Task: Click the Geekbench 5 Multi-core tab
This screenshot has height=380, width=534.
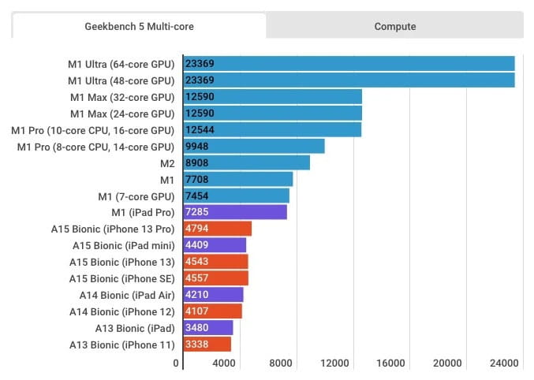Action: (139, 26)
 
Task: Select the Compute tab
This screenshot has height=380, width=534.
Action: (394, 26)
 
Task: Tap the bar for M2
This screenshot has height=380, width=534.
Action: (246, 162)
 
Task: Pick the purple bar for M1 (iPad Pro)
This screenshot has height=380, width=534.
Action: (235, 212)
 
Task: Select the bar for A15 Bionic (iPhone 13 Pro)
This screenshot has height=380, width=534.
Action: (217, 229)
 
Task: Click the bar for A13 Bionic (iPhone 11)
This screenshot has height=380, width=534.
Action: (207, 344)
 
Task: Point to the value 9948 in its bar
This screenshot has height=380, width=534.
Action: (198, 146)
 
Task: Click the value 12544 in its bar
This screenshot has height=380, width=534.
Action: (200, 129)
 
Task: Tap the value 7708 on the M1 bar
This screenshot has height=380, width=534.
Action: (197, 179)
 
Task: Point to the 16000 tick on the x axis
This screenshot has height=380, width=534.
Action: (391, 363)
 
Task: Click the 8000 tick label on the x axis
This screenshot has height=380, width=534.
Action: (281, 363)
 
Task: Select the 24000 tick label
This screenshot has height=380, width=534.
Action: (503, 363)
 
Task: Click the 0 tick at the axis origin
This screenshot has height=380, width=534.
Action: (176, 363)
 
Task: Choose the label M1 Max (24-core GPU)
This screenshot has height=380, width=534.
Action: (121, 114)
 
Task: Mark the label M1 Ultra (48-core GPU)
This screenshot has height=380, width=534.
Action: (121, 80)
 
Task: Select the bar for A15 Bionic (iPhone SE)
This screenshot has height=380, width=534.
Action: (215, 278)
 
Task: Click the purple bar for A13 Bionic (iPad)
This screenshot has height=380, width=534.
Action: (208, 327)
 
